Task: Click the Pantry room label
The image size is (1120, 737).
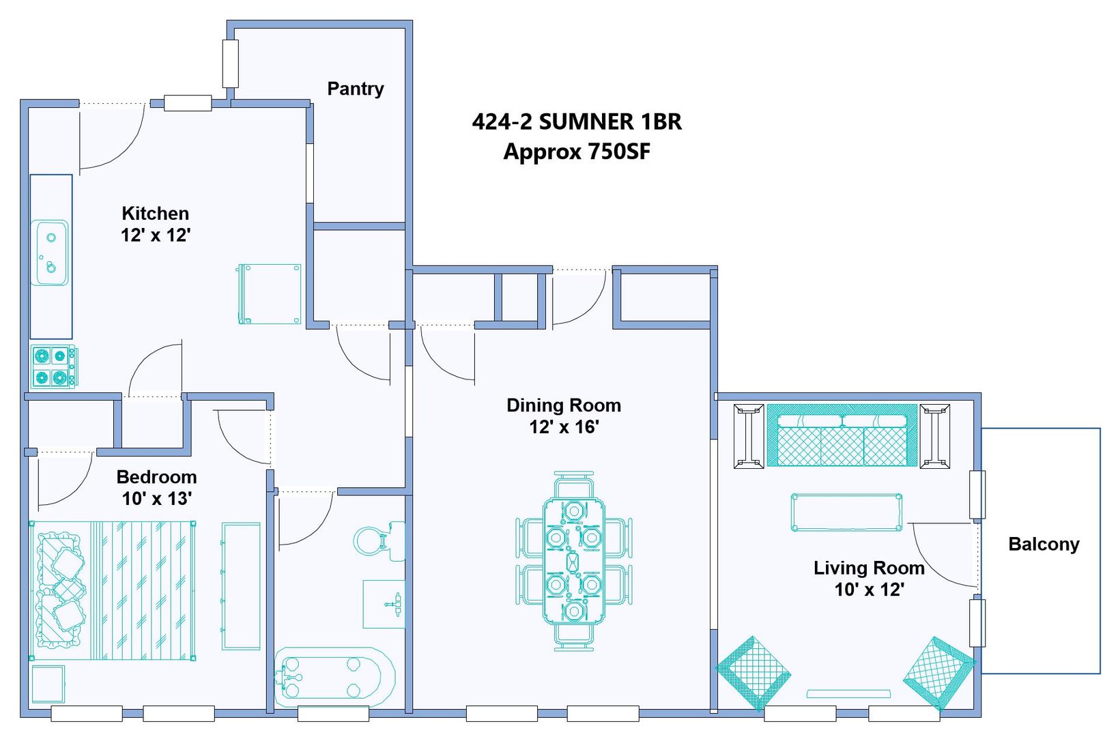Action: click(356, 89)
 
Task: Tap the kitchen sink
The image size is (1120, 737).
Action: click(50, 253)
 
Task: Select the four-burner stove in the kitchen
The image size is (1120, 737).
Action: click(54, 366)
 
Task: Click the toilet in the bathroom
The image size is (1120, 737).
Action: click(379, 542)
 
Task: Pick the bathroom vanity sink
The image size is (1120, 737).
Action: click(384, 604)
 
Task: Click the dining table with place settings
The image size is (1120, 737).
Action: click(574, 561)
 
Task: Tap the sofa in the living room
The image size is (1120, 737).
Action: click(842, 435)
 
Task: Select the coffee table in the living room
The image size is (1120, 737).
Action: click(846, 512)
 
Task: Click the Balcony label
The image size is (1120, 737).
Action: click(1044, 544)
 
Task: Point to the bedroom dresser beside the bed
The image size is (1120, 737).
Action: click(241, 586)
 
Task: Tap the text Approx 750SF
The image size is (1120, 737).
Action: click(577, 151)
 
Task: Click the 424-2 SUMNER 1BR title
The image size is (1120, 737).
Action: click(577, 121)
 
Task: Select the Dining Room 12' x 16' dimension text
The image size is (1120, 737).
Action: click(564, 427)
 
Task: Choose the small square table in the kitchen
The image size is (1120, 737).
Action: click(270, 294)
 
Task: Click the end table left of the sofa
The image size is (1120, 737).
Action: click(749, 436)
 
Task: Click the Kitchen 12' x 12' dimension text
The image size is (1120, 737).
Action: click(156, 235)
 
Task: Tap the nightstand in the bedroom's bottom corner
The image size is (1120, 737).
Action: click(48, 684)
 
